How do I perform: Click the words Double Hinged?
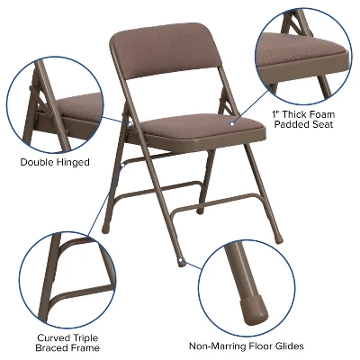pyautogui.click(x=55, y=162)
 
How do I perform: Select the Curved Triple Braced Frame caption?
pyautogui.click(x=68, y=341)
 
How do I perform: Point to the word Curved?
pyautogui.click(x=54, y=335)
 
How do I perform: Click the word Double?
pyautogui.click(x=38, y=162)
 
